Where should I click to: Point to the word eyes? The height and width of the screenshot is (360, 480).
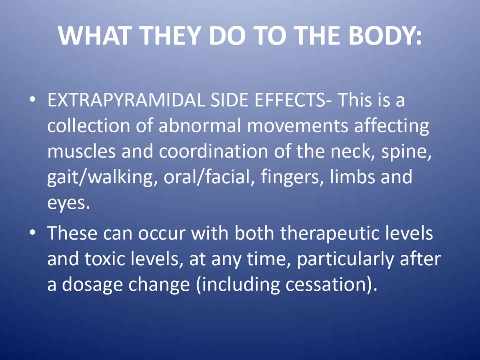[66, 203]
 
